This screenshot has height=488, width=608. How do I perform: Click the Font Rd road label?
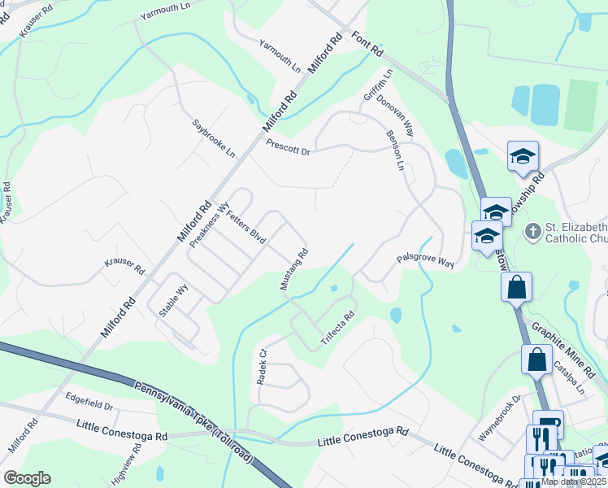(x=367, y=43)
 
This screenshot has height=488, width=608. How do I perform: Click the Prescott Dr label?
(x=288, y=147)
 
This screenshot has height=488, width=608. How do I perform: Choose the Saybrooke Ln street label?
(x=213, y=138)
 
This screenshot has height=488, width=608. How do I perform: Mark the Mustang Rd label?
(x=296, y=269)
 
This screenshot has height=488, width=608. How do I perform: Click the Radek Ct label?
(x=262, y=367)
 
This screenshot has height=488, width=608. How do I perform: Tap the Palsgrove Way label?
(x=424, y=261)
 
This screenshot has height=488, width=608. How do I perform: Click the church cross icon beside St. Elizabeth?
(x=532, y=232)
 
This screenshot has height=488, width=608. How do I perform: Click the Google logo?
(x=27, y=478)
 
